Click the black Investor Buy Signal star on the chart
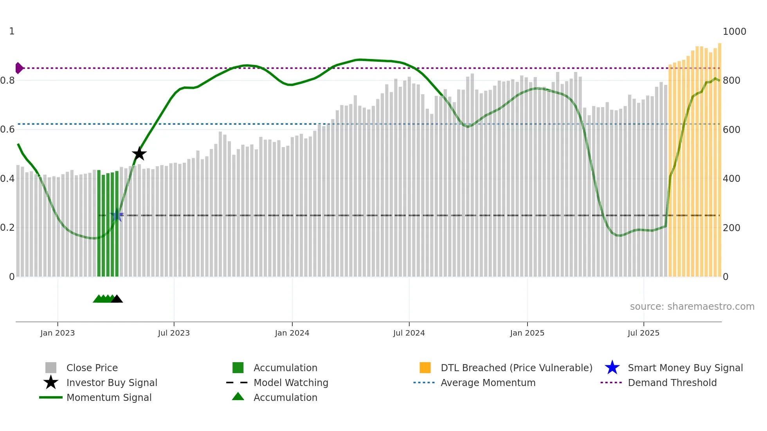point(139,154)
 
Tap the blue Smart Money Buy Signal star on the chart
point(117,215)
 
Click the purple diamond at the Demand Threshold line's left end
point(19,68)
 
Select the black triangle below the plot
point(117,299)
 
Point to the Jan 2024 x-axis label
point(292,333)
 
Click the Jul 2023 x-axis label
point(174,333)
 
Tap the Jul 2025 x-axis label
point(643,333)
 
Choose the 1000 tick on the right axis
point(734,32)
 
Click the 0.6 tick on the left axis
point(8,129)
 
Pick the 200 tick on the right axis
point(731,228)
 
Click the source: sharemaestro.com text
point(692,307)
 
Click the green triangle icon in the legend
point(238,397)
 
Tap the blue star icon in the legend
point(612,368)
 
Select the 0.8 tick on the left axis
point(8,81)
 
